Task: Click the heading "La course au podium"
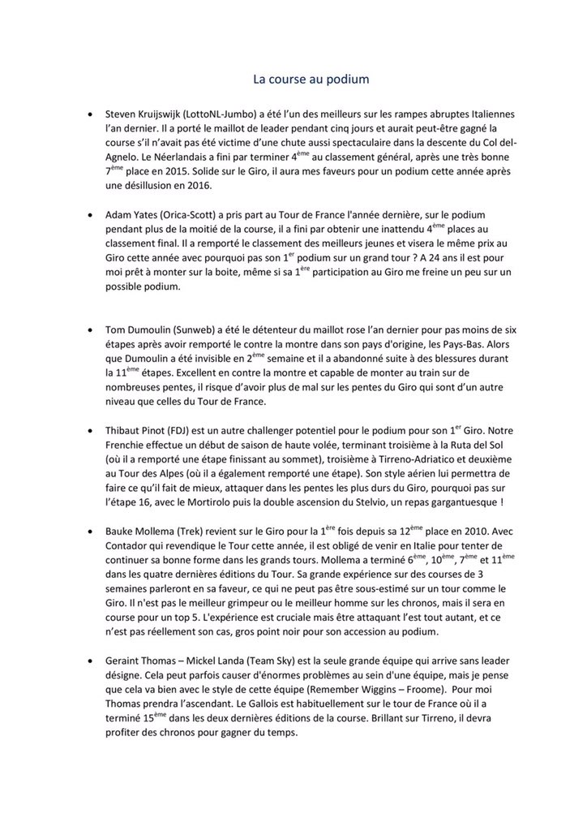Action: point(311,80)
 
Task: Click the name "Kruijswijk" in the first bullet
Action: point(171,114)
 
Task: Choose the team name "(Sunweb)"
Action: point(225,332)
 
